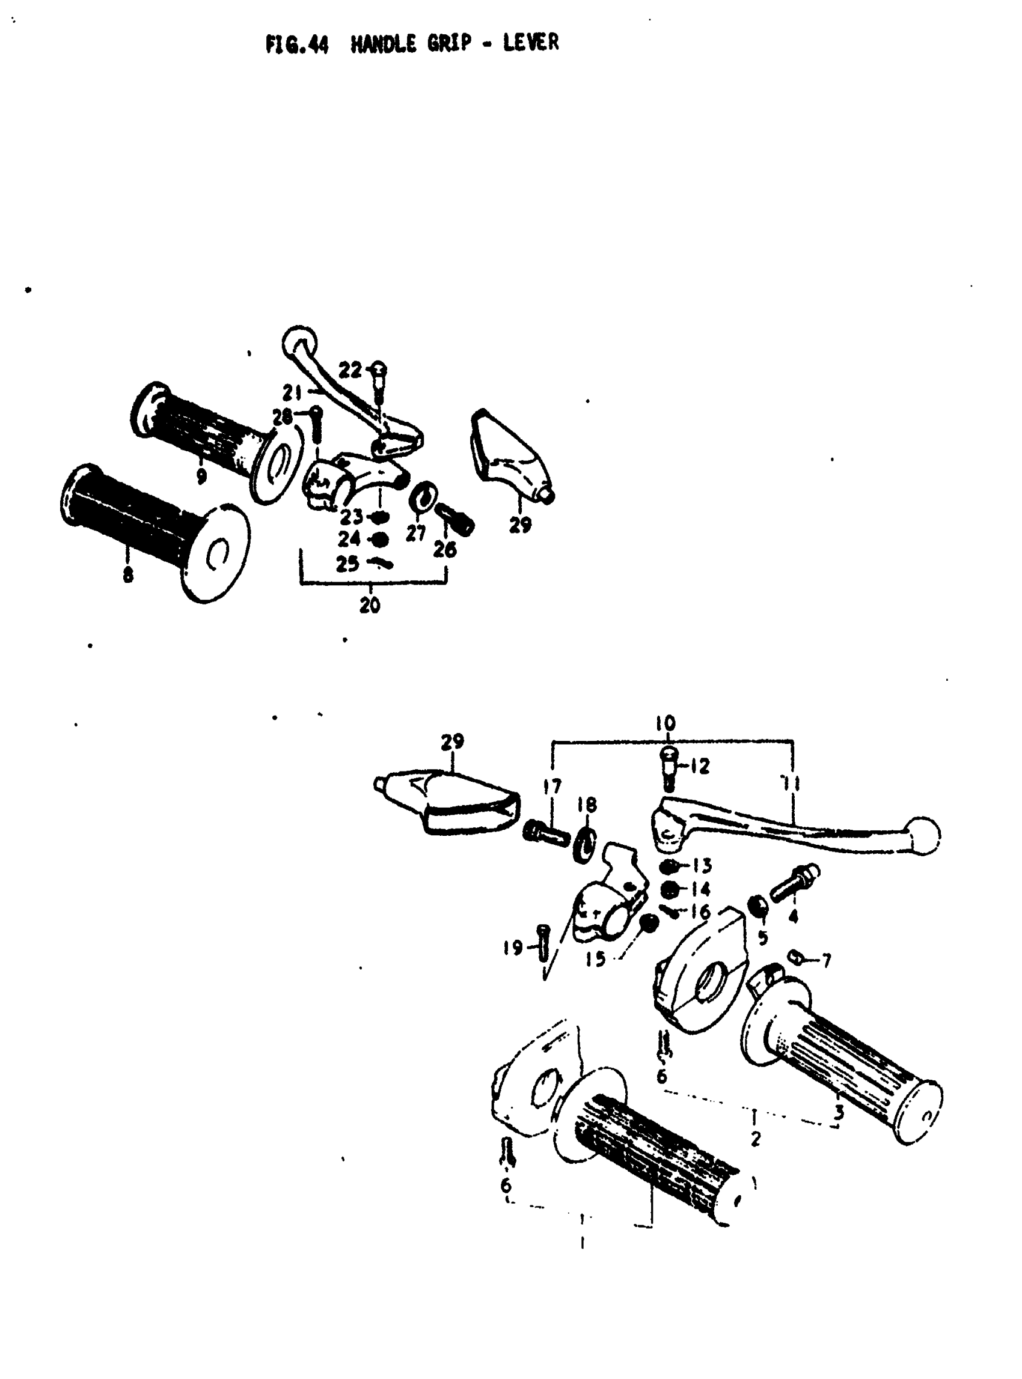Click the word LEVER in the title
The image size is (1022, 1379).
coord(530,43)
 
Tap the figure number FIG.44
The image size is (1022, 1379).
coord(297,44)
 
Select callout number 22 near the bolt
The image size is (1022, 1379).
coord(349,370)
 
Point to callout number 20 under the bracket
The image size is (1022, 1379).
coord(370,605)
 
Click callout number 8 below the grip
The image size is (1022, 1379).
coord(127,575)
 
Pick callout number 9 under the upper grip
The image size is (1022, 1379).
coord(201,476)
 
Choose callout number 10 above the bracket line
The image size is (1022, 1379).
coord(666,723)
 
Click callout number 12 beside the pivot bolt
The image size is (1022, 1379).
coord(700,766)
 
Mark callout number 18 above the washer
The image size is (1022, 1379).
coord(587,805)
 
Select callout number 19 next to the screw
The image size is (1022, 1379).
coord(513,948)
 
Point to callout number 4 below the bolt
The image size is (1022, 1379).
coord(793,916)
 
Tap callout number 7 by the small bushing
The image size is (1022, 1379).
coord(826,960)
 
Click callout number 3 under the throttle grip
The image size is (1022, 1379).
coord(839,1112)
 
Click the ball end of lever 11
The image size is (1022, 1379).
coord(922,836)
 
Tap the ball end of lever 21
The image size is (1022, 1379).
coord(299,341)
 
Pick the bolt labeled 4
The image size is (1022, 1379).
coord(794,883)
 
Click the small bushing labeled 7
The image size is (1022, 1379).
coord(796,958)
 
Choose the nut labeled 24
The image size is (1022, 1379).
coord(379,539)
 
